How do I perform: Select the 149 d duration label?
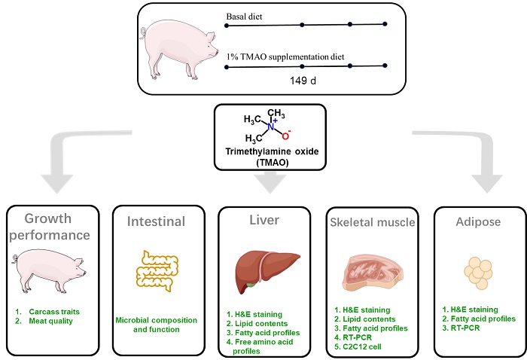[x=306, y=78]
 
